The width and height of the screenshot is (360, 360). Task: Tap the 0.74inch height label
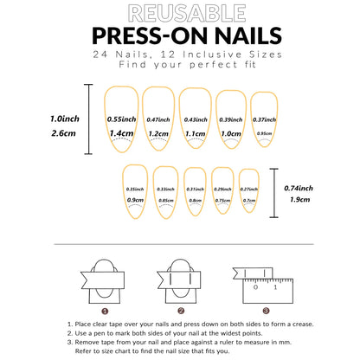tap(299, 188)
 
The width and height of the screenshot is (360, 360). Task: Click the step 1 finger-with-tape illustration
tap(105, 278)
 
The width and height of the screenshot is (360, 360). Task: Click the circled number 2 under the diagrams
tap(180, 310)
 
